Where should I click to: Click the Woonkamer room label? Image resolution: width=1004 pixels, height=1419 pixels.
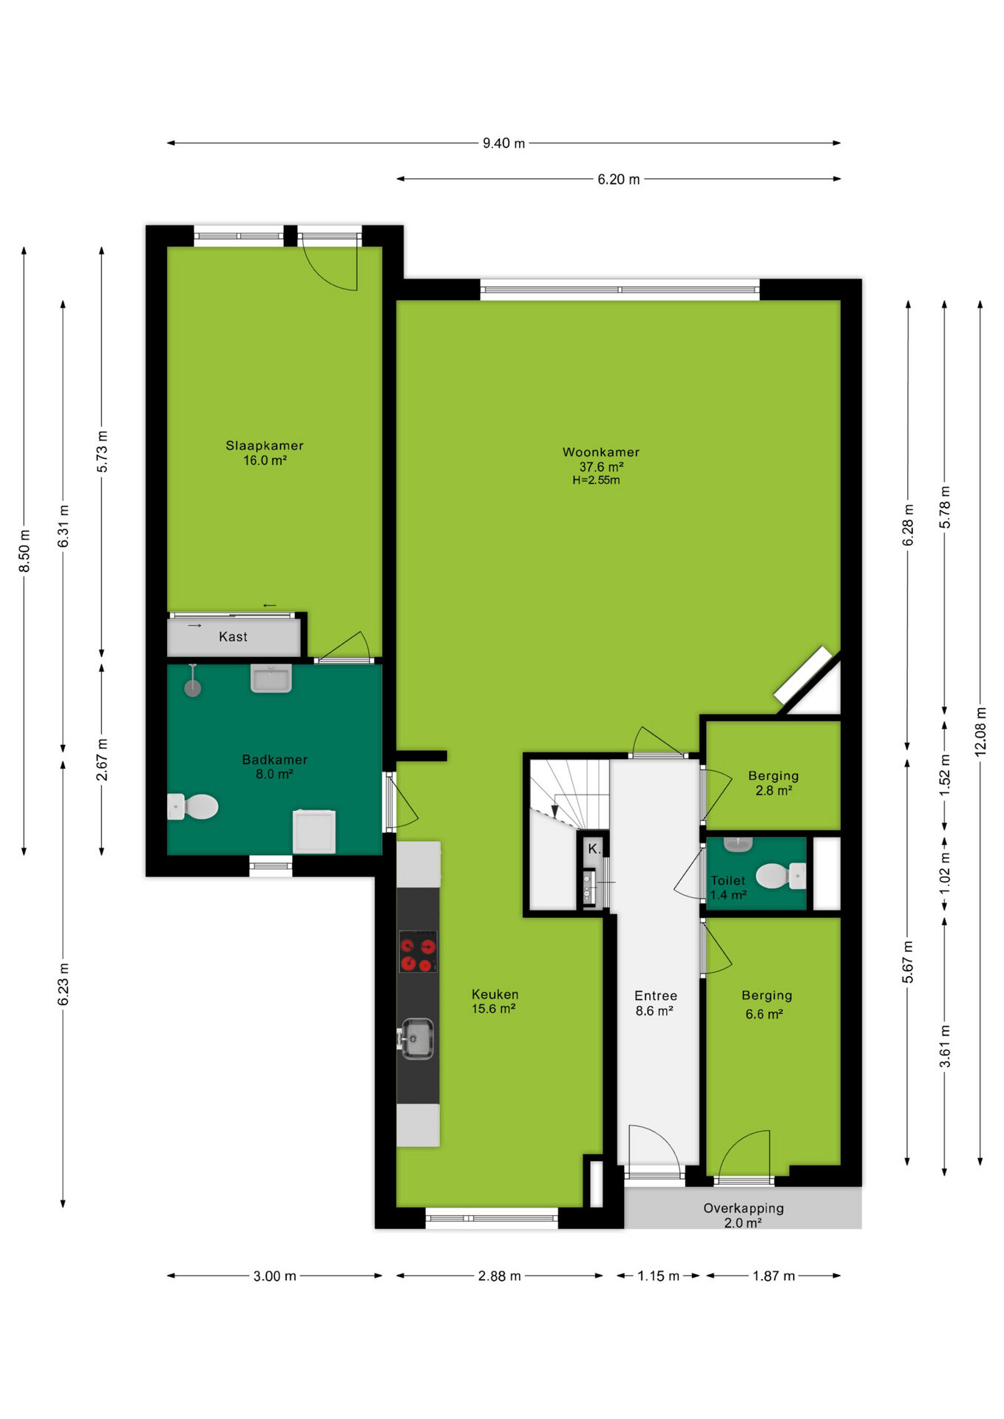(x=600, y=452)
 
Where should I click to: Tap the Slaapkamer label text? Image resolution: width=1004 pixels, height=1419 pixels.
(x=264, y=446)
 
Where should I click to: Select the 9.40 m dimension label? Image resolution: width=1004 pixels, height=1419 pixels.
(x=503, y=143)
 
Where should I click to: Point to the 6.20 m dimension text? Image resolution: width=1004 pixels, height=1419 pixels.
(x=619, y=180)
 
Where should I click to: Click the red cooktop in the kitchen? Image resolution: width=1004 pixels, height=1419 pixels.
(x=418, y=951)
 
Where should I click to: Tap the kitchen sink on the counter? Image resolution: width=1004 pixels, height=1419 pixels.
(x=416, y=1038)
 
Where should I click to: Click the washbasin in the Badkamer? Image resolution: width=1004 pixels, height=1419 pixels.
(x=271, y=678)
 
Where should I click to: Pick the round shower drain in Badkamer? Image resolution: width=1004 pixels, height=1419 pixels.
(x=192, y=688)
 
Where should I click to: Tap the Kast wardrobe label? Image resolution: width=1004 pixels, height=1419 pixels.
(x=233, y=637)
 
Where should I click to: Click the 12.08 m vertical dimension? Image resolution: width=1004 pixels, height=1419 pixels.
(x=980, y=731)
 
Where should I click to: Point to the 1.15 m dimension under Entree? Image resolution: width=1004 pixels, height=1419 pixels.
(x=658, y=1276)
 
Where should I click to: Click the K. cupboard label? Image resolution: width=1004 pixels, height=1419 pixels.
(x=594, y=849)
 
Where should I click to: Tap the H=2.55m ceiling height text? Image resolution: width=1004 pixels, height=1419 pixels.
(x=596, y=480)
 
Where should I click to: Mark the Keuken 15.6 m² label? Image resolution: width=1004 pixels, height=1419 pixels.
(x=495, y=1001)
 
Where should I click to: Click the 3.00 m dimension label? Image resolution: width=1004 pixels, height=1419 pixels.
(x=274, y=1276)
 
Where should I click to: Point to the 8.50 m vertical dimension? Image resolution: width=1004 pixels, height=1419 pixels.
(x=24, y=551)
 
